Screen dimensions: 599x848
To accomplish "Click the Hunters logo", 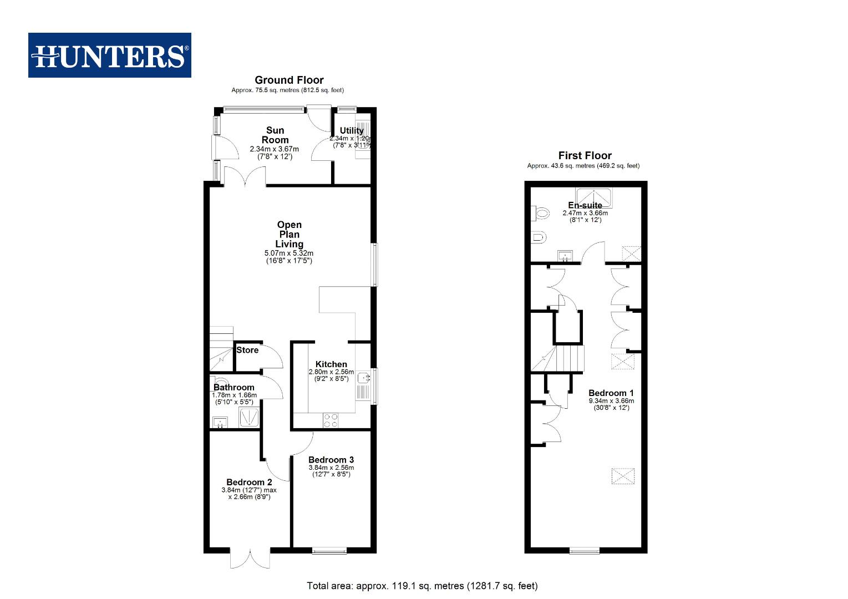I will click(109, 55).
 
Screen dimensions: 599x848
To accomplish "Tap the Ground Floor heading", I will click(289, 80).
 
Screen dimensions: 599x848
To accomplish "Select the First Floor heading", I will click(585, 156).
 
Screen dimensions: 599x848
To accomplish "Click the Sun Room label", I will click(275, 135).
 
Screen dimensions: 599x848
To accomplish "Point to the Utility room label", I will click(352, 131).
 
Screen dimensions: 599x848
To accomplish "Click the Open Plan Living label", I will click(289, 234).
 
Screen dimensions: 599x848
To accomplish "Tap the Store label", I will click(247, 350).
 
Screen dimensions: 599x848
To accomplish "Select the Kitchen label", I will click(331, 364).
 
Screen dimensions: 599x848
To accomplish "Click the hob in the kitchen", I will click(331, 421).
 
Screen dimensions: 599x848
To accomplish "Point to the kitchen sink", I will click(363, 379).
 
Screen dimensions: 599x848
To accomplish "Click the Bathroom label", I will click(234, 387).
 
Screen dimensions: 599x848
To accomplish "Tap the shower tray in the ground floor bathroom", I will click(249, 418).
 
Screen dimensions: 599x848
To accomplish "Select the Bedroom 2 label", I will click(249, 482).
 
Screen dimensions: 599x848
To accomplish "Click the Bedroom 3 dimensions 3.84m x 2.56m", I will click(331, 468).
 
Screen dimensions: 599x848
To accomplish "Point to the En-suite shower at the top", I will click(593, 196).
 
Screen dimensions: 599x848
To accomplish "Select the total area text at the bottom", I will click(422, 586).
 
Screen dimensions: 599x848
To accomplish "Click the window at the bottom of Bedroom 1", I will click(585, 551).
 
